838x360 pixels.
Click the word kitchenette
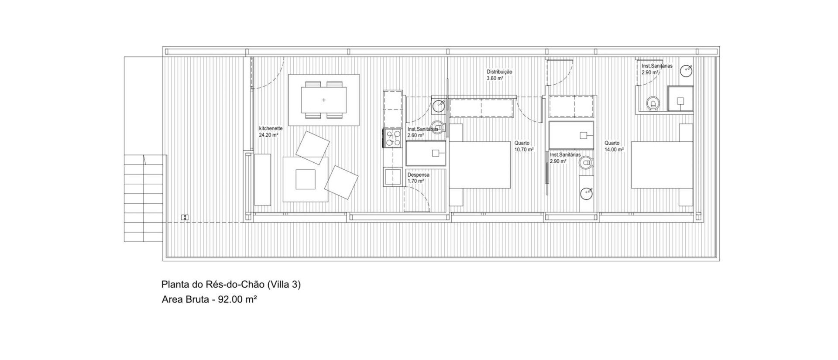[271, 129]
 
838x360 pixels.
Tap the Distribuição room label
[500, 72]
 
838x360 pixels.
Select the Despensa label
[419, 175]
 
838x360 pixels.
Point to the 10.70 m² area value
[524, 150]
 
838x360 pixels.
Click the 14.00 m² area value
[614, 150]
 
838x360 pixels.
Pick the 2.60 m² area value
[416, 135]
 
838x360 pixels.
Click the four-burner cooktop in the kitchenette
[393, 138]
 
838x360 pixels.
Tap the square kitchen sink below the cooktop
[392, 177]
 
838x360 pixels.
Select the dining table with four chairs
[324, 100]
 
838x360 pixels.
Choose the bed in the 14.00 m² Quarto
[662, 165]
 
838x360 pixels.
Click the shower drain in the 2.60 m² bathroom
[436, 153]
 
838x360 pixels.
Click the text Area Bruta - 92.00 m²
[209, 300]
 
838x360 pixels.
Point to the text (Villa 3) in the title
[284, 285]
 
